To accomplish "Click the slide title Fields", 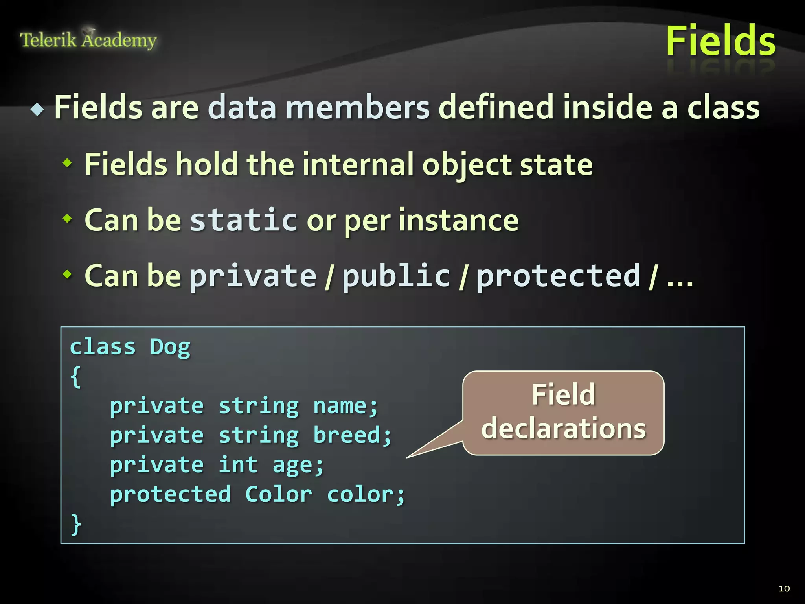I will click(720, 41).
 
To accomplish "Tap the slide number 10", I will click(784, 588).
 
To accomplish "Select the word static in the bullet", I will click(244, 220).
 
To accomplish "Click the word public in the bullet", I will click(396, 276).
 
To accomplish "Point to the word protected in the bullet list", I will click(559, 276).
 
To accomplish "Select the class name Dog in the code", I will click(170, 347).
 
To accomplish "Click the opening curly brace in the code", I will click(76, 377).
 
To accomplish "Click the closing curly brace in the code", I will click(76, 525).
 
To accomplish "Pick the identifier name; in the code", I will click(346, 406).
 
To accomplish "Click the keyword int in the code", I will click(238, 465).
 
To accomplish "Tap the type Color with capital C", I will click(278, 495).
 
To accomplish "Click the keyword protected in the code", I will click(170, 495).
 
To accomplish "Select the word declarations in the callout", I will click(563, 429).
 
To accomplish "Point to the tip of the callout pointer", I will click(407, 457).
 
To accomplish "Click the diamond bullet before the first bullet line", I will click(37, 109).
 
